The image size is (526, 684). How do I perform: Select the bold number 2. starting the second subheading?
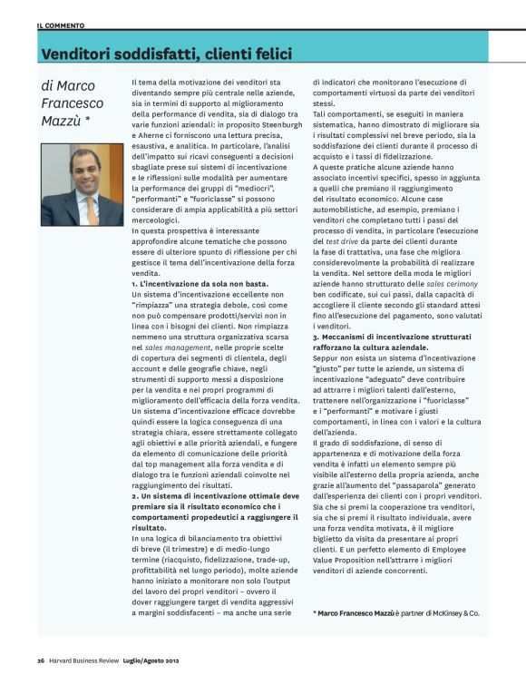tap(136, 496)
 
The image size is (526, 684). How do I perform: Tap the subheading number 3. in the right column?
tap(317, 336)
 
